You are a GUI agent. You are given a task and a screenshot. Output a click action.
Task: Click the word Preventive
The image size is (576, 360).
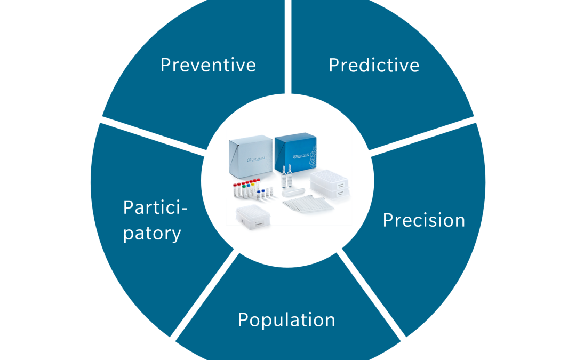pos(208,65)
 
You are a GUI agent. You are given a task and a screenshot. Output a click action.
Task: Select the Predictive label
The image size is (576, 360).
pos(374,65)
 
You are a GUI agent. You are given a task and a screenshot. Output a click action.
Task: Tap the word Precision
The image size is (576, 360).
pos(424,220)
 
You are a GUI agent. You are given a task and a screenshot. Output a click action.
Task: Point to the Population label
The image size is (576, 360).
pos(286,320)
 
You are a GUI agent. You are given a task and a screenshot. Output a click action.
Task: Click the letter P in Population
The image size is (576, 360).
pos(243,320)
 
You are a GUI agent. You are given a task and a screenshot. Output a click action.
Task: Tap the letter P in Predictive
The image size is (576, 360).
pos(334,65)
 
